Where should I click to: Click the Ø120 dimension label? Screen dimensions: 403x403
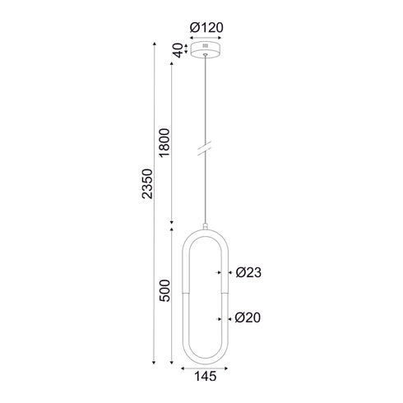coord(206,27)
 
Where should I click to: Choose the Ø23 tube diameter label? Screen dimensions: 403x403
coord(249,272)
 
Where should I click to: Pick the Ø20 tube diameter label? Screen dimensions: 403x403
coord(249,317)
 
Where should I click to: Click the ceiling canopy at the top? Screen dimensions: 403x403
coord(206,49)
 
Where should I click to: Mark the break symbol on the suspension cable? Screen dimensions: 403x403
coord(206,153)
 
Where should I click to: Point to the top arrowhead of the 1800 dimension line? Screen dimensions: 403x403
coord(170,63)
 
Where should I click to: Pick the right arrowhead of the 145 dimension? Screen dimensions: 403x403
coord(229,368)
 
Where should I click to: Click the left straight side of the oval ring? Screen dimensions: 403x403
coord(184,296)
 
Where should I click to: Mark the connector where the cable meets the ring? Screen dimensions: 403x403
coord(206,224)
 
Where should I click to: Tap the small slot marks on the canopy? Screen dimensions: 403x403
coord(206,48)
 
